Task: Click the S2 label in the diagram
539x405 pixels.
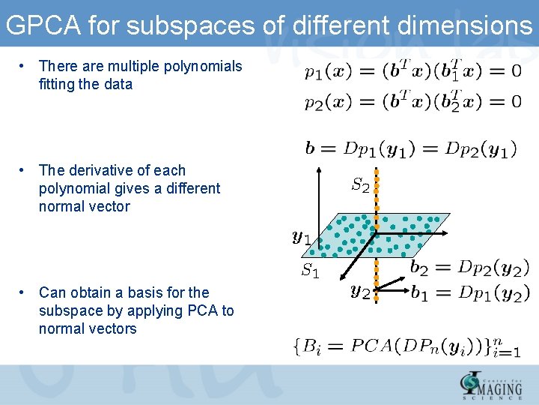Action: click(360, 184)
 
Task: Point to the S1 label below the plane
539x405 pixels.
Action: click(310, 271)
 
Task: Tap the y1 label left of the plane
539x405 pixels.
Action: click(302, 238)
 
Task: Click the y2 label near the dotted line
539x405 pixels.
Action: click(360, 290)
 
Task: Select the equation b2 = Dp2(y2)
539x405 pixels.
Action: click(470, 267)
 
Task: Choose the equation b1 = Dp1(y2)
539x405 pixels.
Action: click(470, 292)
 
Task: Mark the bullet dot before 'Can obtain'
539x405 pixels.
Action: click(24, 292)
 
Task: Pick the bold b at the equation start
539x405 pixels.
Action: click(310, 148)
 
